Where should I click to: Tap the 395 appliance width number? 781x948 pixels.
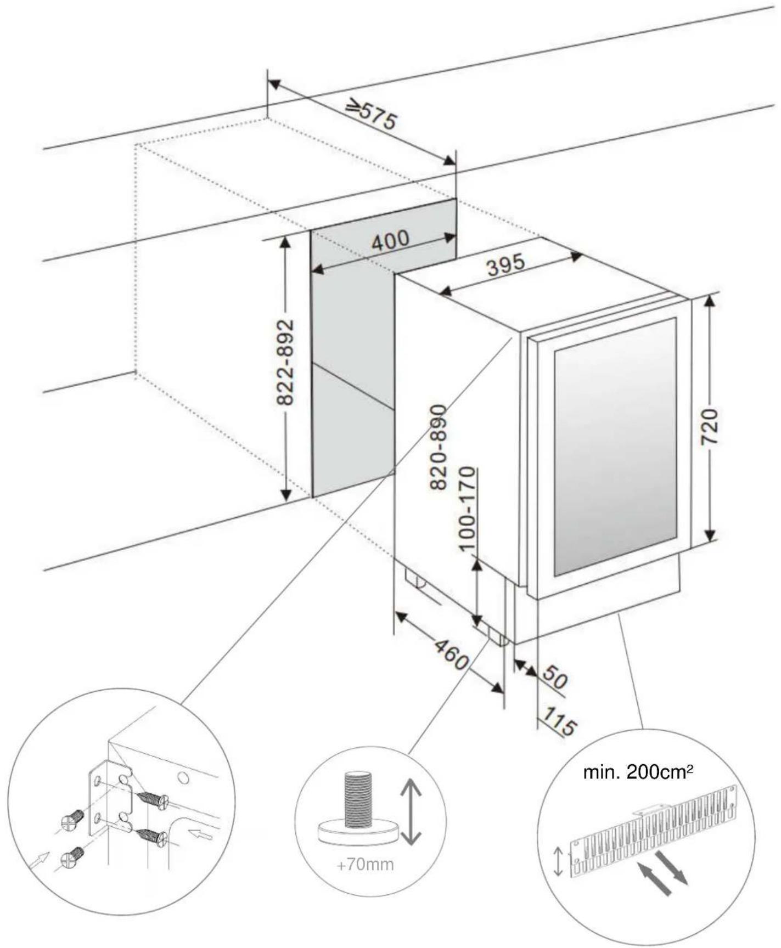tap(506, 266)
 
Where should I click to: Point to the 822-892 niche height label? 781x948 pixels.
tap(285, 362)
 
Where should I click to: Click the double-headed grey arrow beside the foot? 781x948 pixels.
tap(411, 812)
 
